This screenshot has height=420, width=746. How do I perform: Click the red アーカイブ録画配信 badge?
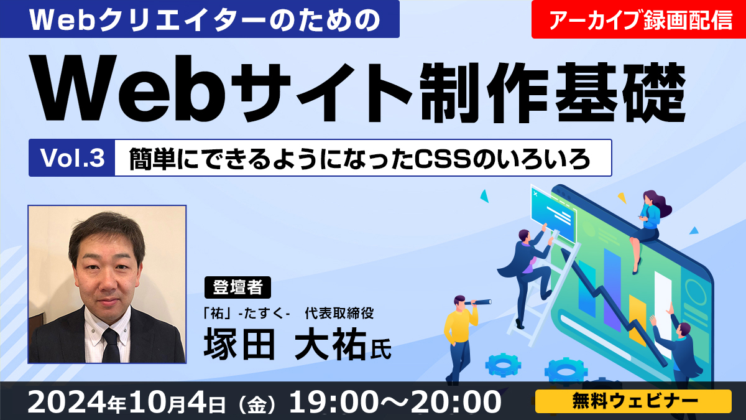(638, 19)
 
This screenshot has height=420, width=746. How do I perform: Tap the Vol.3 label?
(72, 157)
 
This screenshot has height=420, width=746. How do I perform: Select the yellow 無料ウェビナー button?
(633, 401)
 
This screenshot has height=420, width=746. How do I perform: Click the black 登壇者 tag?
(237, 287)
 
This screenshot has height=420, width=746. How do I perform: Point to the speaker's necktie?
(111, 345)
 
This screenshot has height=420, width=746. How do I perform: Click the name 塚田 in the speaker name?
(239, 343)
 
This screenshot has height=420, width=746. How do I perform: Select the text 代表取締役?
(339, 313)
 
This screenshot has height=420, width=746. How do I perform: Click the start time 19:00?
(336, 402)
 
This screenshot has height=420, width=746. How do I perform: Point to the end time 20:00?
(455, 402)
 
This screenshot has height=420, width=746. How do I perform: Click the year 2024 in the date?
(67, 402)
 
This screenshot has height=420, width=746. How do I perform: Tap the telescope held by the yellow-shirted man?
(478, 302)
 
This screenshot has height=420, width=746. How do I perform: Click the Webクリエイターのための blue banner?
(200, 19)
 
